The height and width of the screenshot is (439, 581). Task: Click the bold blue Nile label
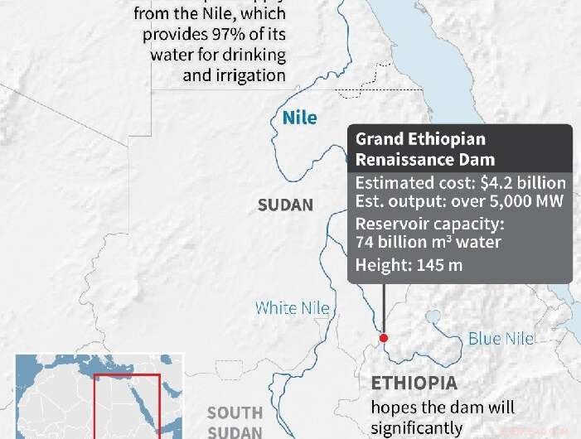point(299,118)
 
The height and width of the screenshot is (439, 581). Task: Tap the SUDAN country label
point(285,205)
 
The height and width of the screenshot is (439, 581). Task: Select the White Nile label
point(292,308)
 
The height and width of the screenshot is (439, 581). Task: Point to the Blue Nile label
point(501,338)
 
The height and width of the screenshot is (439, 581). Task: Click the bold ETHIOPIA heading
point(413,384)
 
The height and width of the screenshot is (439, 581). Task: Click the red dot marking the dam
point(383,338)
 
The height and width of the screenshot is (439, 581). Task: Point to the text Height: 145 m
point(409,265)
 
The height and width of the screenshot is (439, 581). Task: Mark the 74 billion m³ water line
point(428,243)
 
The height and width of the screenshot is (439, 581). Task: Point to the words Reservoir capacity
point(429,224)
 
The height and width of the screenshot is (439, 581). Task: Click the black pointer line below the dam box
point(383,306)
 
